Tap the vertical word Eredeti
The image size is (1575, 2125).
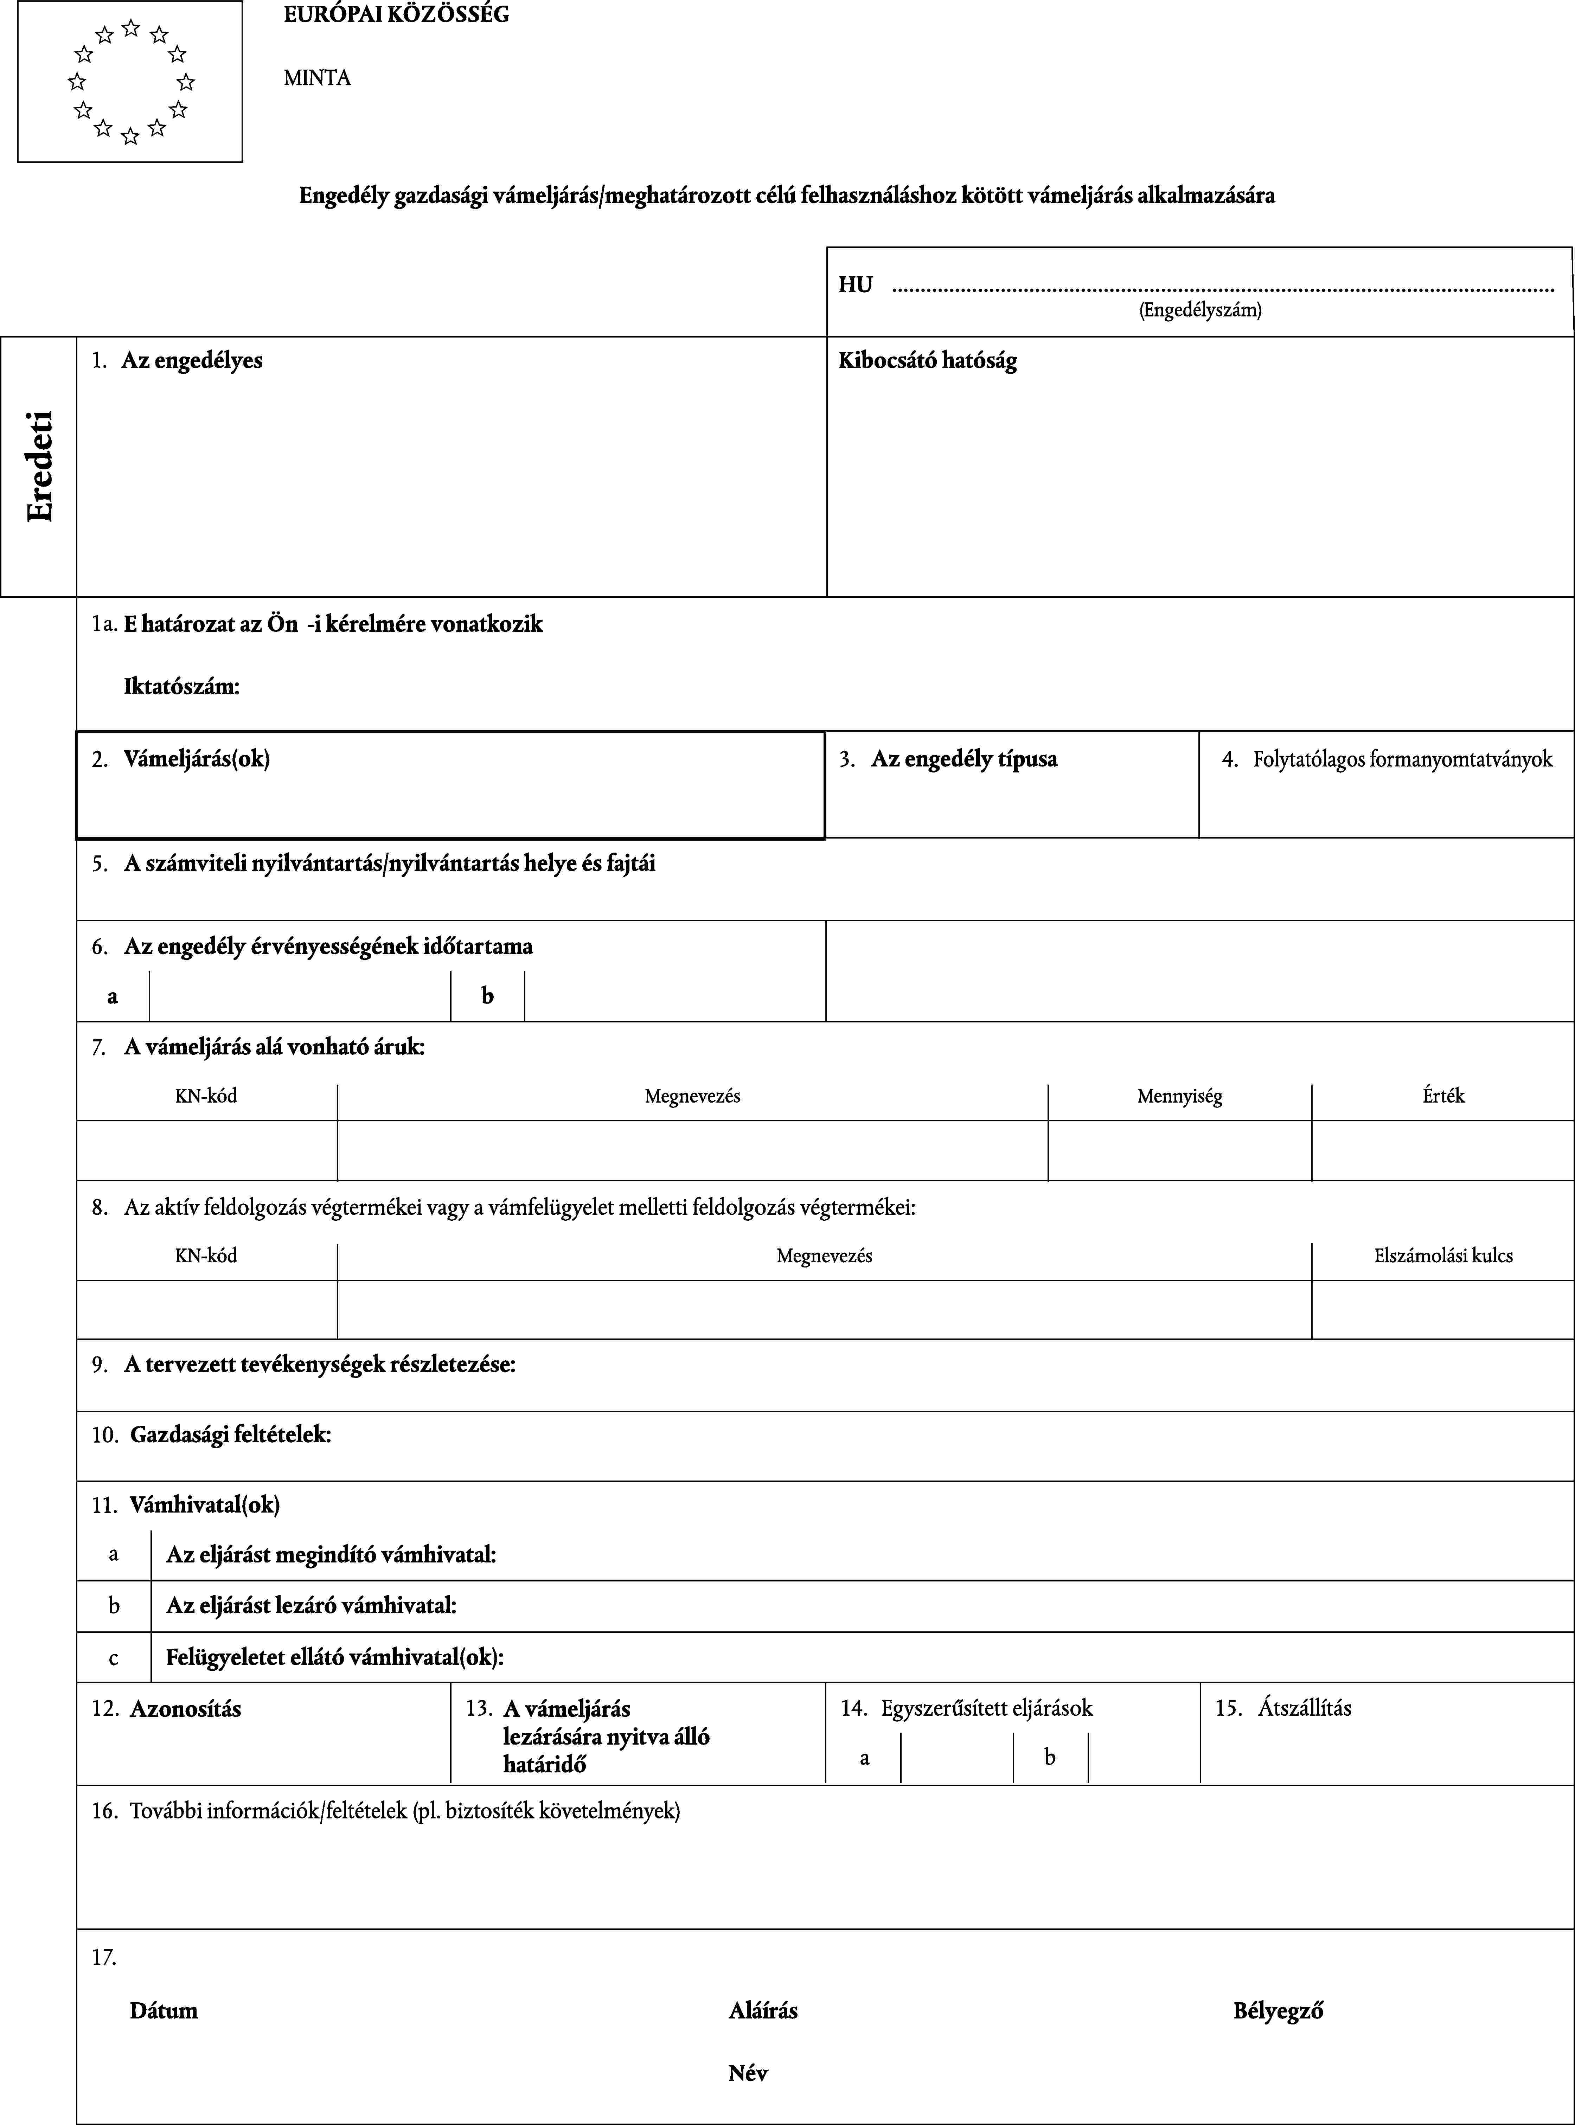pyautogui.click(x=40, y=466)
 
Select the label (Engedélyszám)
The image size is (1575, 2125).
pyautogui.click(x=1200, y=310)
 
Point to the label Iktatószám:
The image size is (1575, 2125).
pyautogui.click(x=181, y=686)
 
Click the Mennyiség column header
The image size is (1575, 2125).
pyautogui.click(x=1179, y=1096)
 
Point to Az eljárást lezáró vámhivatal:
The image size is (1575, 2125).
pyautogui.click(x=311, y=1605)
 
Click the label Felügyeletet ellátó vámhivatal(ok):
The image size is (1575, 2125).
pyautogui.click(x=335, y=1657)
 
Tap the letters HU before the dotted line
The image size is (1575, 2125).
pyautogui.click(x=855, y=285)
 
